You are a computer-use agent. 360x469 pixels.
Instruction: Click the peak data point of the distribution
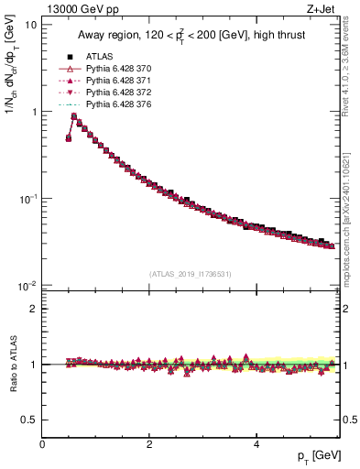pos(74,116)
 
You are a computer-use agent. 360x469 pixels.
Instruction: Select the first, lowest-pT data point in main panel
pos(69,138)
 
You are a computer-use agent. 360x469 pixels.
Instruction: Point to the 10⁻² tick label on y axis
pos(27,286)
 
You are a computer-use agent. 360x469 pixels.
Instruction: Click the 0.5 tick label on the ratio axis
pos(29,420)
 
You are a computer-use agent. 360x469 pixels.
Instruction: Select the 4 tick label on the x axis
pos(256,445)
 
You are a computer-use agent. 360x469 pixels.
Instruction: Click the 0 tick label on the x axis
pos(42,445)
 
